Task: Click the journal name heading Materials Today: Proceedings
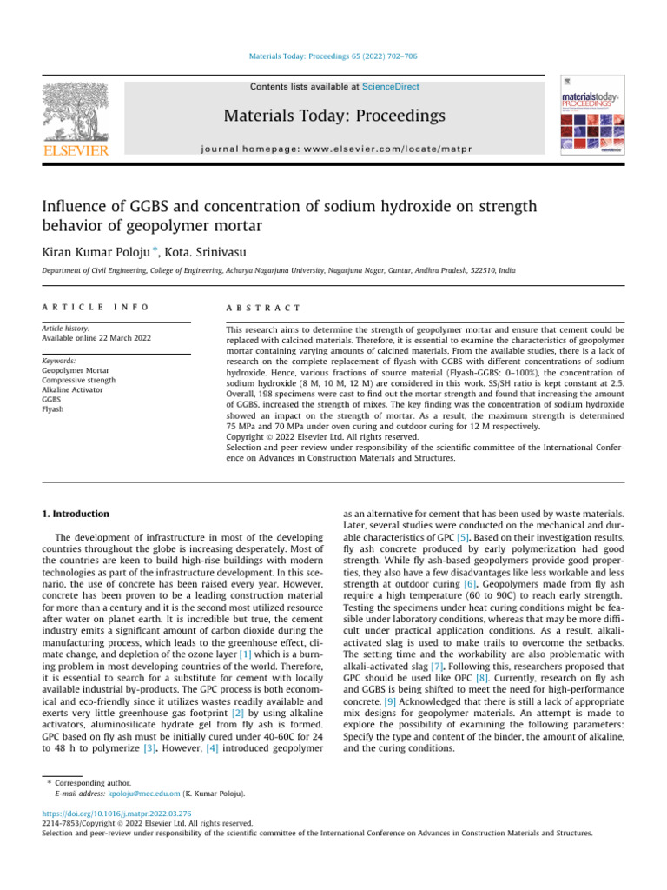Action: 334,116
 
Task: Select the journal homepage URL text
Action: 334,149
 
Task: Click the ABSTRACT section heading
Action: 263,308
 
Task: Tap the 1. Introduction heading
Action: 76,514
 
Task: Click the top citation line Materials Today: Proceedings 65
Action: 334,56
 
